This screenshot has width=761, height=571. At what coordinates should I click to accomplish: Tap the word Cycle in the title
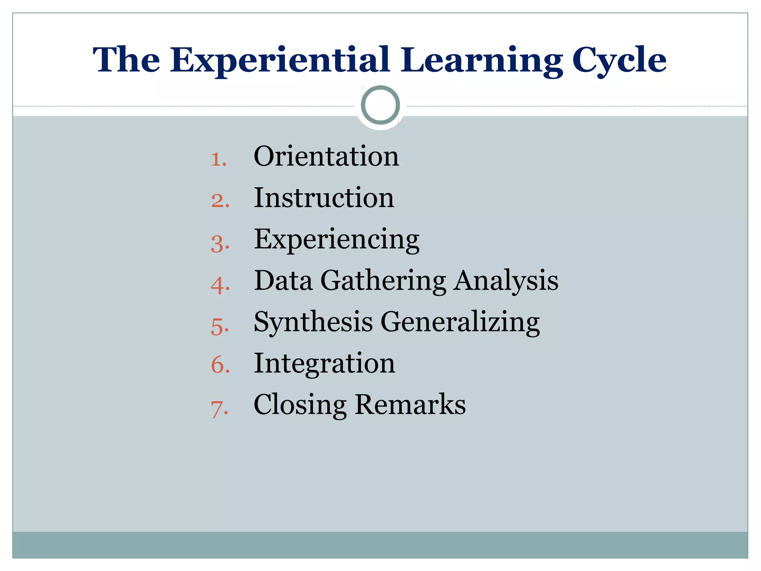pos(619,60)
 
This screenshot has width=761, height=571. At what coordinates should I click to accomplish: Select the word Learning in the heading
pos(481,60)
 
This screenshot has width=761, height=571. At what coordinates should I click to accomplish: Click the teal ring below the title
pos(380,105)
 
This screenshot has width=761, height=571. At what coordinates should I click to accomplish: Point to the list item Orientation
pos(326,157)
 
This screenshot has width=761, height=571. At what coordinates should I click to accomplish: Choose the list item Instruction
pos(324,198)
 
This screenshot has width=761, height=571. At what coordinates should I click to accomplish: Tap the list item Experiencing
pos(336,240)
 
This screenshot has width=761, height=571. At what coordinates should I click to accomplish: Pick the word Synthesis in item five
pos(313,322)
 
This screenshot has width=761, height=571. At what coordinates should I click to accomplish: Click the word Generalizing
pos(460,322)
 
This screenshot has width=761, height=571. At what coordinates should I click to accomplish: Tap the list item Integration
pos(324,364)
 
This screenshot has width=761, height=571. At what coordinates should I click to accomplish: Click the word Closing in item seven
pos(299,405)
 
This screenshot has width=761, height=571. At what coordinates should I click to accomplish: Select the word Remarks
pos(410,404)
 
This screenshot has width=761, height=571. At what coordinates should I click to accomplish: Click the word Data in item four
pos(283,281)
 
